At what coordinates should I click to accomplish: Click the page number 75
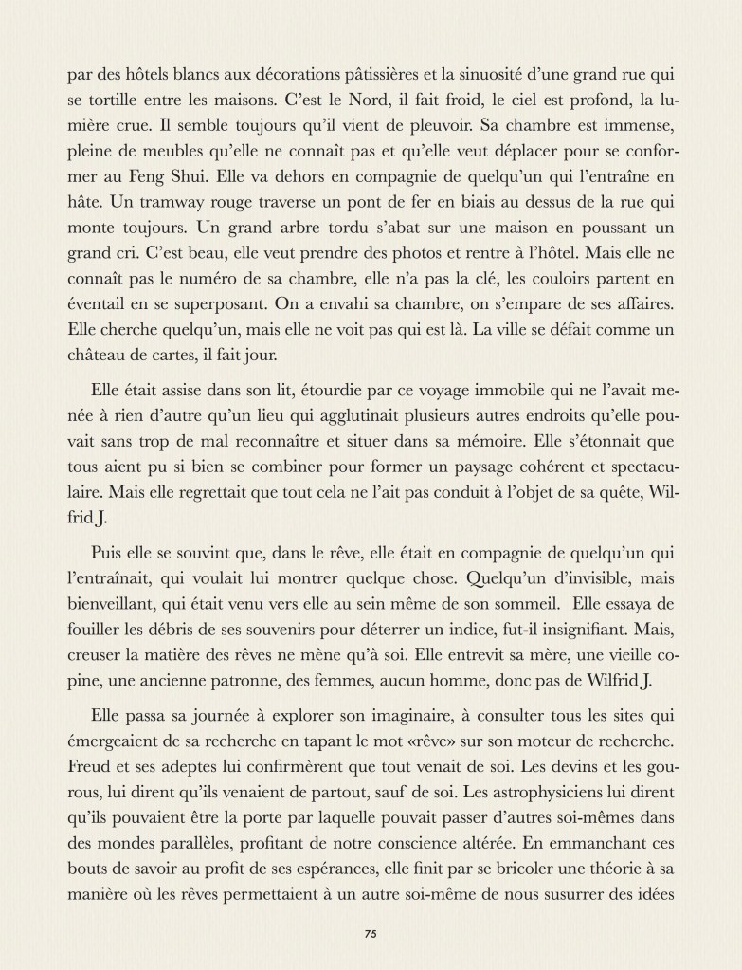(x=371, y=933)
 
